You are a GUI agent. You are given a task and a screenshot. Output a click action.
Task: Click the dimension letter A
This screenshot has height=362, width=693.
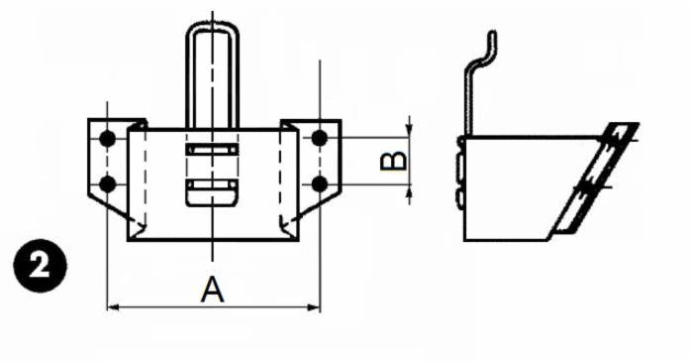coord(212,290)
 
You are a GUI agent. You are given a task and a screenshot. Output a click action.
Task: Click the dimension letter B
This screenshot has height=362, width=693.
coord(393,161)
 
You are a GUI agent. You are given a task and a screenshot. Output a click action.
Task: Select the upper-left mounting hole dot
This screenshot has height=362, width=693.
coord(108,137)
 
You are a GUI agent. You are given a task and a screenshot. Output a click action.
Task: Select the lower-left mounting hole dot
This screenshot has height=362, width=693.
coord(108,182)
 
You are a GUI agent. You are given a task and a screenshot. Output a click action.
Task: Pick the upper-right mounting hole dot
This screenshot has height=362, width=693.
coord(319,137)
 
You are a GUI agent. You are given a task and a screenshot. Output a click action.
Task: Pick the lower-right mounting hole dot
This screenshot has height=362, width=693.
coord(319,182)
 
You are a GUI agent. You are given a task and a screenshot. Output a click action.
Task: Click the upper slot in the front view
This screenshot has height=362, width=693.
coord(212,150)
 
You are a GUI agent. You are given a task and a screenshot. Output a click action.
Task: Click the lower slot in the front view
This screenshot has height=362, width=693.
coord(212,186)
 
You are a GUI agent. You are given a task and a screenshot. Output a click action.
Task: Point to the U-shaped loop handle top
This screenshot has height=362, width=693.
coord(212,30)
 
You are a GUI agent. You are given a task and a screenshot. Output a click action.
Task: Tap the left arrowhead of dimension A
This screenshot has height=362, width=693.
coord(112,307)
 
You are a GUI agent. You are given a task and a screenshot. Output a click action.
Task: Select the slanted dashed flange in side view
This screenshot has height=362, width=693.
coord(594,179)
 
